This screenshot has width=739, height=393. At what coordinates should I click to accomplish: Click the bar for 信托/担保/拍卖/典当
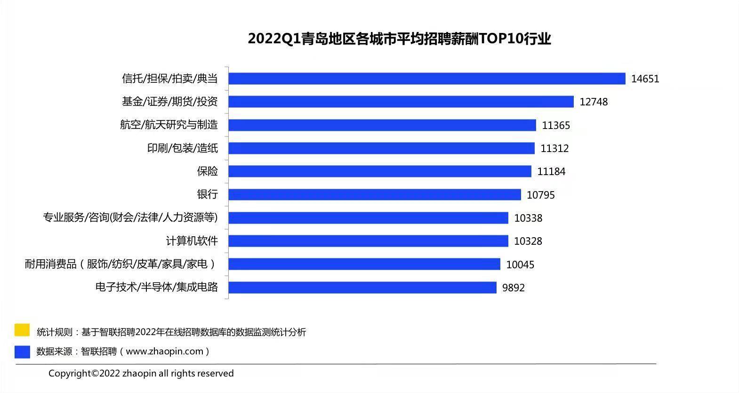pos(427,79)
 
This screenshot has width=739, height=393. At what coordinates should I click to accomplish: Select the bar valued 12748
pos(401,102)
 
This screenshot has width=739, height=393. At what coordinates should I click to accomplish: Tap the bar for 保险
pos(380,171)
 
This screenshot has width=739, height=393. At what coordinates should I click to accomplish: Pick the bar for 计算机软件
pos(368,241)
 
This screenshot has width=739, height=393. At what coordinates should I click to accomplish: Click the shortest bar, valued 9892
pos(362,288)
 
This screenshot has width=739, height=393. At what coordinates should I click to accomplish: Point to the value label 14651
pos(645,79)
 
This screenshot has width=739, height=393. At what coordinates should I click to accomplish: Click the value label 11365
pos(556,125)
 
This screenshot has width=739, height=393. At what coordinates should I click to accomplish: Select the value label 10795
pos(541,195)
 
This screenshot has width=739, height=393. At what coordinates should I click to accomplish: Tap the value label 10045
pos(520,265)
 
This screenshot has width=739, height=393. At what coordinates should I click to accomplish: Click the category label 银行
pos(208,194)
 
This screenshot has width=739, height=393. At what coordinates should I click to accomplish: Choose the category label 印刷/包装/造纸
pos(183,148)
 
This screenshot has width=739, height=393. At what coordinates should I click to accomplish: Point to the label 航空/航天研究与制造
pos(169,125)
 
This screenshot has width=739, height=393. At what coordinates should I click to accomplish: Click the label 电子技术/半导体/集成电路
pos(157,287)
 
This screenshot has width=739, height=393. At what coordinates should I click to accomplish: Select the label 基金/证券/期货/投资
pos(170,101)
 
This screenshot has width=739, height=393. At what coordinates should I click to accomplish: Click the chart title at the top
pos(400,39)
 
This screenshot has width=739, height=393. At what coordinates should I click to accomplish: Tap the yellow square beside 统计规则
pos(22,330)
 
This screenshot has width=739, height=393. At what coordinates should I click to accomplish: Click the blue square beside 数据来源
pos(22,352)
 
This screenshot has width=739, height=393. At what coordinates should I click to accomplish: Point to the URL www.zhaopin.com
pos(165,352)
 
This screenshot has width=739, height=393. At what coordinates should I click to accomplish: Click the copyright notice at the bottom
pos(141,373)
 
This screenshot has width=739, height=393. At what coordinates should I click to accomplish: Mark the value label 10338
pos(528,218)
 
